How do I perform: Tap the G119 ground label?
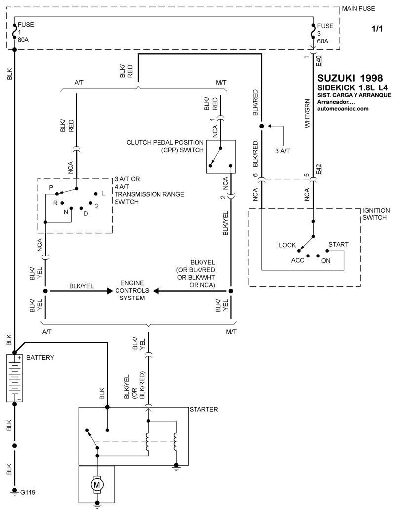click(x=28, y=492)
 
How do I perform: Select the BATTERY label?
click(x=40, y=357)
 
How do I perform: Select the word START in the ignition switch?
click(x=338, y=244)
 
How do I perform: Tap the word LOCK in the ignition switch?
click(x=287, y=245)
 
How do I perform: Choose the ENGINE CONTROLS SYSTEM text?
click(x=132, y=291)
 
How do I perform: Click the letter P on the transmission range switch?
click(x=51, y=188)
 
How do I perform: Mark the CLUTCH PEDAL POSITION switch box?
click(x=220, y=157)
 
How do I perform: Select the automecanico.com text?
click(x=343, y=108)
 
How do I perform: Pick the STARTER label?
click(x=203, y=409)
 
